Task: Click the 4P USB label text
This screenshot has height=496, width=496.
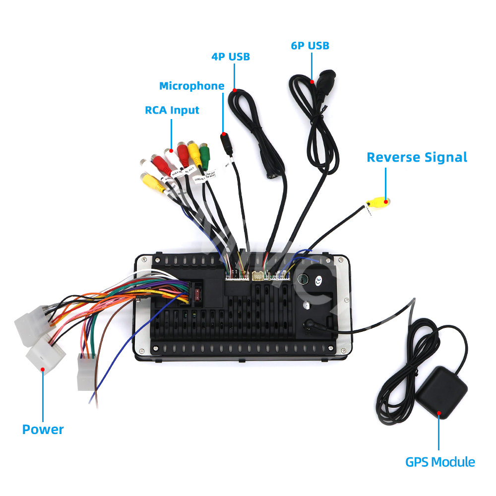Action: pos(230,57)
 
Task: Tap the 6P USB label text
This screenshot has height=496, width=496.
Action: pos(310,46)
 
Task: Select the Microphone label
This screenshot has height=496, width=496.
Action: pos(191,86)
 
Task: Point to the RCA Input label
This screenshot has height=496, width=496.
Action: pos(172,110)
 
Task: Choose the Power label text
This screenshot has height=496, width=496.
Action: pos(43,429)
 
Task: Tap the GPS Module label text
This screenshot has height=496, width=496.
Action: pos(440,462)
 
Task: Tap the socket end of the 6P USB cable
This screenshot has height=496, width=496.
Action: pos(325,79)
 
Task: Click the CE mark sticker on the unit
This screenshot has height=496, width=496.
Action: pos(318,281)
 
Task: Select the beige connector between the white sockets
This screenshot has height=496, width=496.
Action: pos(257,276)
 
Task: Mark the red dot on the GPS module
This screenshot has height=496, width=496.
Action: pos(438,413)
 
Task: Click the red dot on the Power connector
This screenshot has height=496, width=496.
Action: pos(43,369)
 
